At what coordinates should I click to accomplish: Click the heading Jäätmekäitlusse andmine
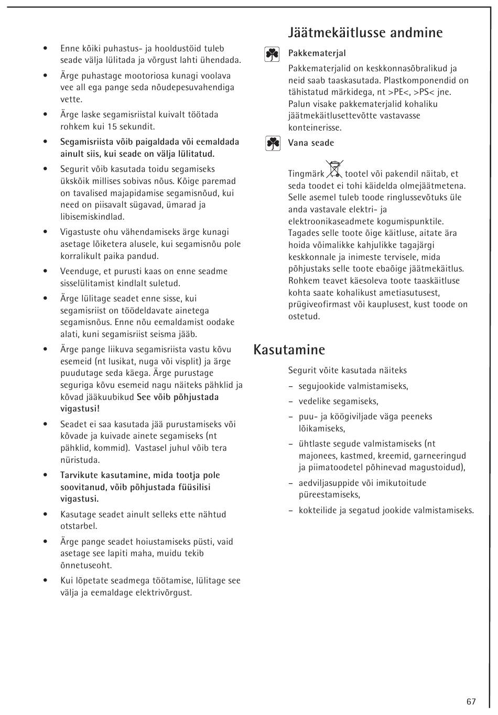[x=365, y=33]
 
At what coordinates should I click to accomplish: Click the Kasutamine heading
[x=289, y=350]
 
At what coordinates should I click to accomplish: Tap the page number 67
[x=471, y=701]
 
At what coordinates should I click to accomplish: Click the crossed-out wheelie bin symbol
[x=334, y=169]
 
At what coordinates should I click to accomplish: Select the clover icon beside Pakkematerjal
[x=272, y=54]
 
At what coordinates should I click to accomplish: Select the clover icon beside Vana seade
[x=272, y=143]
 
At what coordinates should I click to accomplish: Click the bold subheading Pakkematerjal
[x=317, y=53]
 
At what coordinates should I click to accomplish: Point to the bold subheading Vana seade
[x=310, y=143]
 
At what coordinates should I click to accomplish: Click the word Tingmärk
[x=306, y=174]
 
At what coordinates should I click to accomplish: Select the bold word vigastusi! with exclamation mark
[x=80, y=409]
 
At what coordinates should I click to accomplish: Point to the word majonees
[x=318, y=456]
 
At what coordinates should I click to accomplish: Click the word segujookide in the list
[x=322, y=386]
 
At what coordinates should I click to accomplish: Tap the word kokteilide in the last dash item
[x=318, y=510]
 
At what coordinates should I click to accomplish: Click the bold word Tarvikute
[x=79, y=475]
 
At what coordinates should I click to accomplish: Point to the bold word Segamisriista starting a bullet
[x=86, y=142]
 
